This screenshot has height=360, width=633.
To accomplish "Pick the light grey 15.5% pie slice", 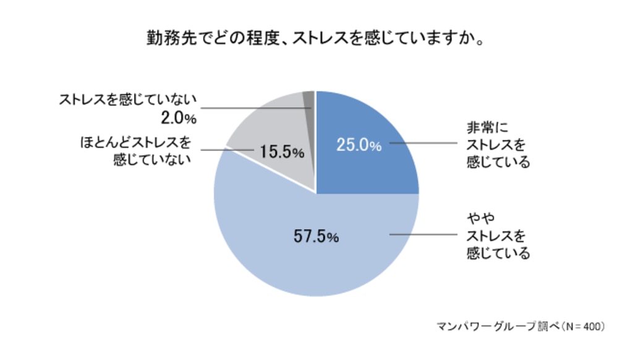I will tap(272, 124).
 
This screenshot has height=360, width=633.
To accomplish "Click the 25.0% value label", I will tap(359, 145).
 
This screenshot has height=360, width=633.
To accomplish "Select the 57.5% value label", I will tap(316, 237).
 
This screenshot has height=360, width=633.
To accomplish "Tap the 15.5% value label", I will tap(281, 152).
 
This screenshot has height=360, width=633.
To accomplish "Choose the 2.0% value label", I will tap(174, 118).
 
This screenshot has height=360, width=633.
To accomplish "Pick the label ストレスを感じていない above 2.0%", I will tap(127, 99).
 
